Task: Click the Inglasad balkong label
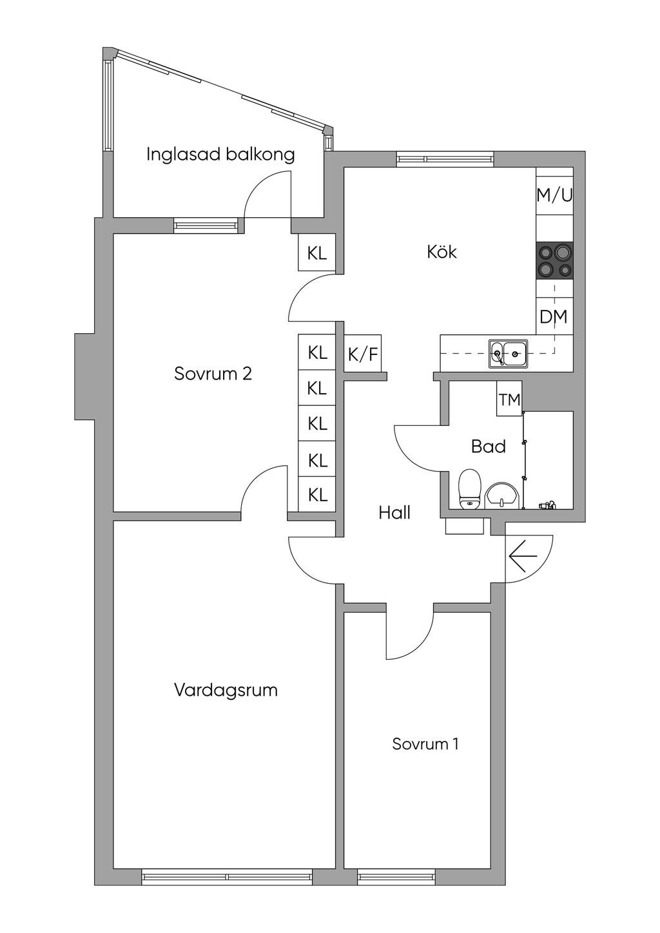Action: pyautogui.click(x=220, y=155)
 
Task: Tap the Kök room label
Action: pyautogui.click(x=442, y=251)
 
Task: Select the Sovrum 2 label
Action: pyautogui.click(x=213, y=374)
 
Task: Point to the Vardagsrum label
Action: pyautogui.click(x=226, y=690)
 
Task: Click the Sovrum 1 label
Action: pyautogui.click(x=425, y=744)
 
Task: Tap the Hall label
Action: pyautogui.click(x=394, y=513)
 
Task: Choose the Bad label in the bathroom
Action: pyautogui.click(x=488, y=446)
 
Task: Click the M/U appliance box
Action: pyautogui.click(x=554, y=195)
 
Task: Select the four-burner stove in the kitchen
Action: pyautogui.click(x=554, y=261)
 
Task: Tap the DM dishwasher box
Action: pyautogui.click(x=554, y=317)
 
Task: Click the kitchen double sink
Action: pyautogui.click(x=508, y=353)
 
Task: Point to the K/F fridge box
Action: pyautogui.click(x=363, y=353)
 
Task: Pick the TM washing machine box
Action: pyautogui.click(x=509, y=399)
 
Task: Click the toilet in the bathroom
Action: pyautogui.click(x=469, y=488)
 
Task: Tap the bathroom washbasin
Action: pyautogui.click(x=502, y=495)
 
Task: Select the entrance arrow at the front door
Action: pyautogui.click(x=523, y=555)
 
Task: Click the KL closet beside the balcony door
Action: pyautogui.click(x=316, y=253)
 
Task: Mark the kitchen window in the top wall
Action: pyautogui.click(x=445, y=159)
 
